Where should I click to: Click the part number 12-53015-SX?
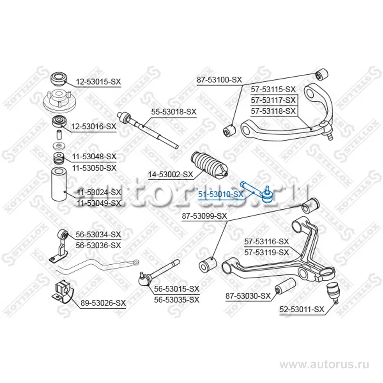(x=98, y=82)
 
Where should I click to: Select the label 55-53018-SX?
(x=173, y=112)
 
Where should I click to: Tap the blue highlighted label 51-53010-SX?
(x=221, y=195)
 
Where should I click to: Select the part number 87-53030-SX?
(x=248, y=296)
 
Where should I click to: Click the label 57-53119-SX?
(x=267, y=252)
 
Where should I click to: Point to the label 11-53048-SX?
(x=94, y=157)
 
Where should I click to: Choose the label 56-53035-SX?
(x=177, y=300)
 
